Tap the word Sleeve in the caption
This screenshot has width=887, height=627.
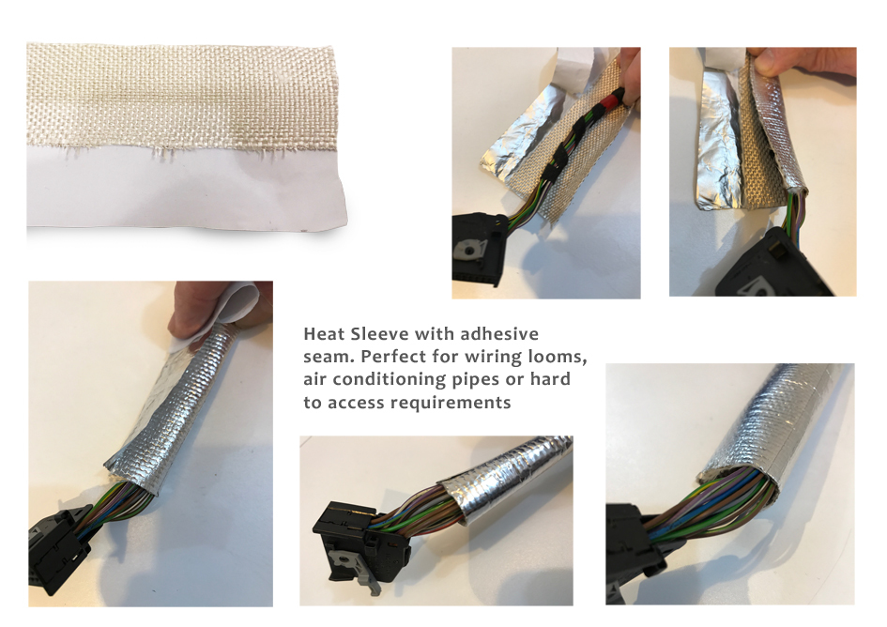[x=375, y=335]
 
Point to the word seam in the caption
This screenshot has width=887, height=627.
[x=325, y=358]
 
